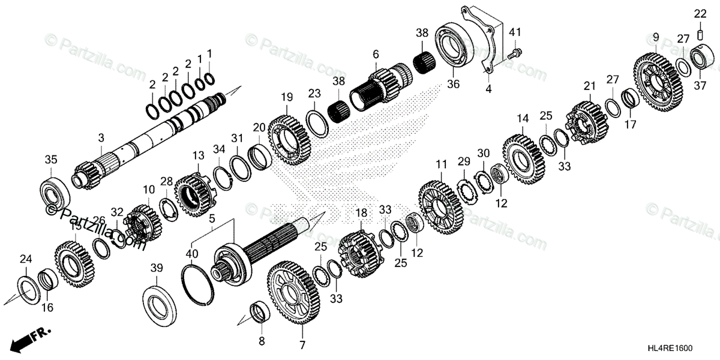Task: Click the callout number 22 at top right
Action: pyautogui.click(x=700, y=13)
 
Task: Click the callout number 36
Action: pyautogui.click(x=453, y=85)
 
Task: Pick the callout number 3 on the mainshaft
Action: pyautogui.click(x=101, y=137)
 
